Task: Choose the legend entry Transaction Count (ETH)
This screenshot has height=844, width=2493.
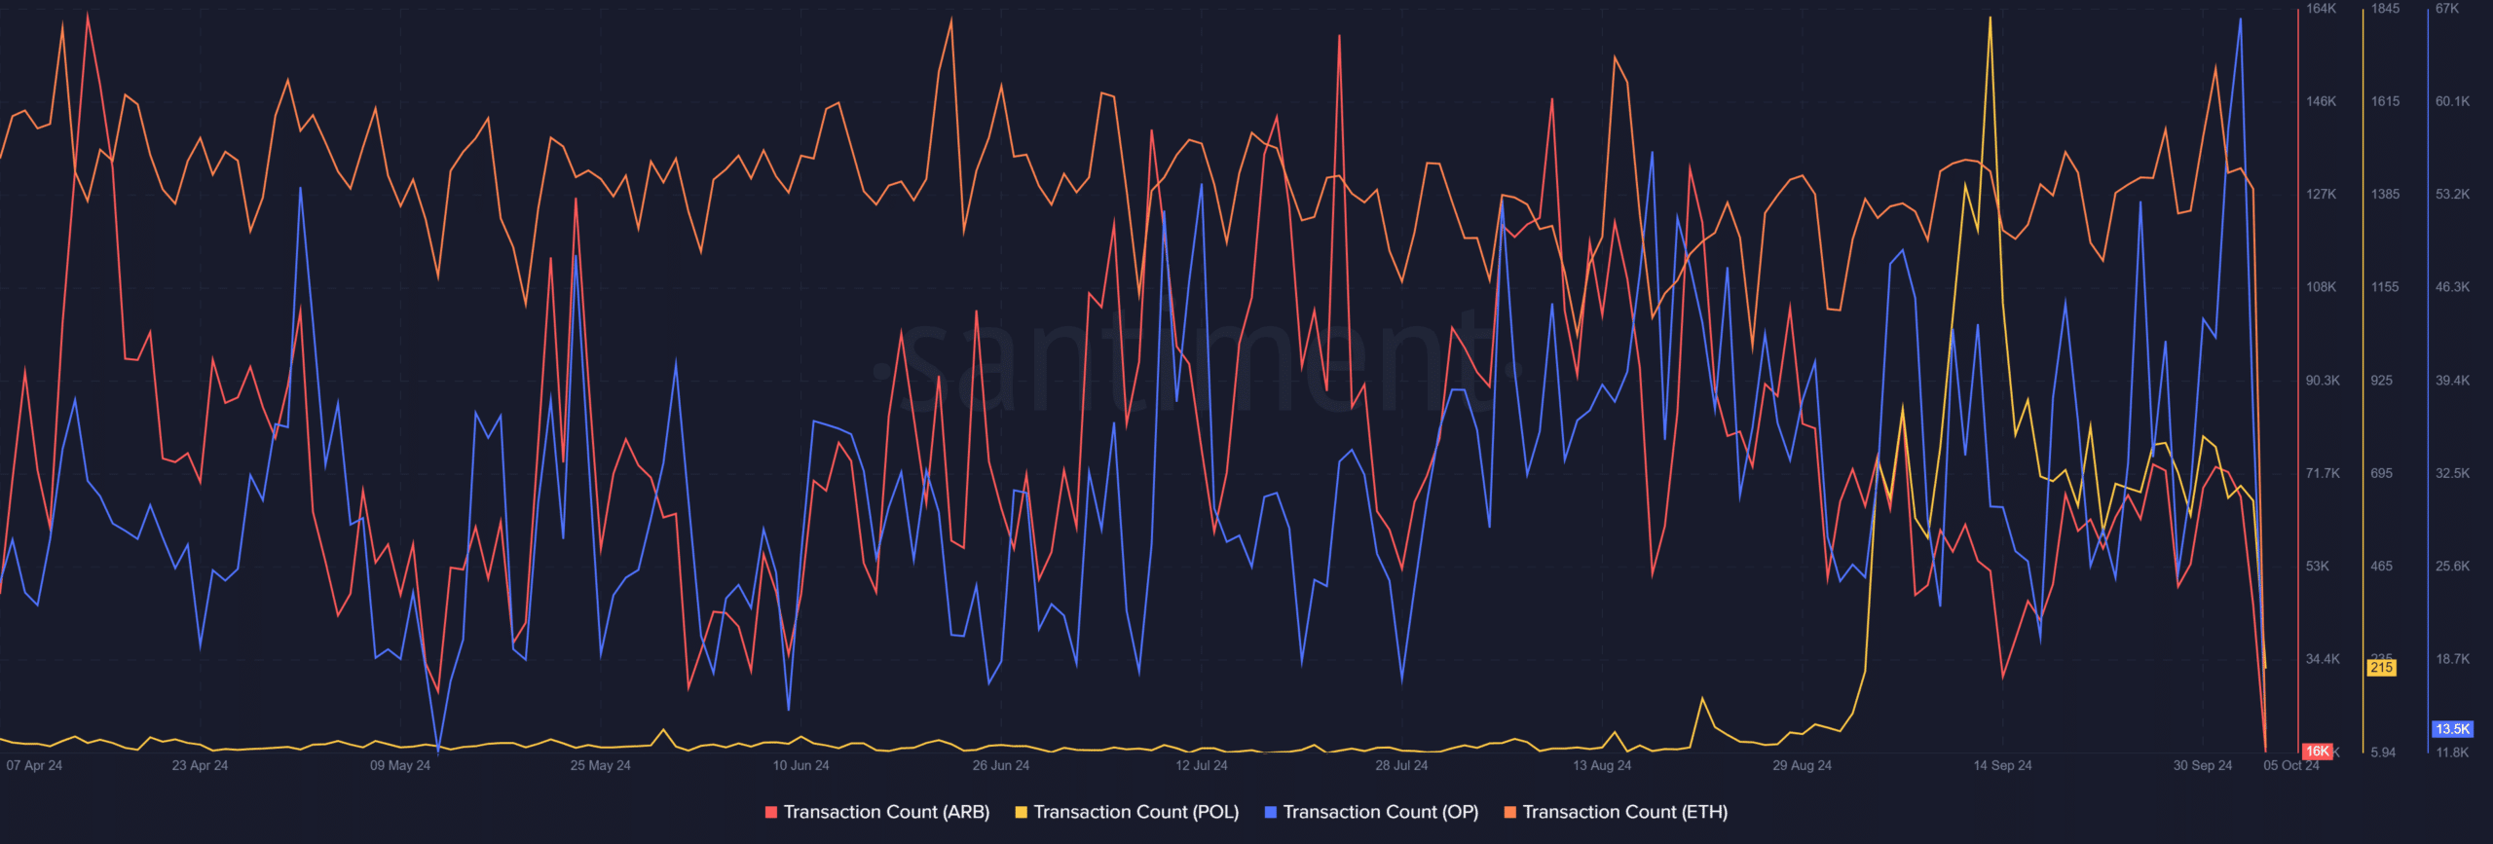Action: [1616, 812]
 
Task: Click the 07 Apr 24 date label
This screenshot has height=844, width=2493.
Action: [34, 765]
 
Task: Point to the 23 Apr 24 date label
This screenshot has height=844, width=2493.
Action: [200, 765]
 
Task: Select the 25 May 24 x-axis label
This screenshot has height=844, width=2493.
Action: [600, 765]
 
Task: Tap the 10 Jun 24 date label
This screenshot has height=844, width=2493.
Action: [800, 765]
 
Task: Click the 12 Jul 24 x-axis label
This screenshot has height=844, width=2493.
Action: [1201, 765]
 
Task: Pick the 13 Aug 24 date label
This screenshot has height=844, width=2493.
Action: [1602, 765]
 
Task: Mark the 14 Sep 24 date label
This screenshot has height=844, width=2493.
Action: [2002, 765]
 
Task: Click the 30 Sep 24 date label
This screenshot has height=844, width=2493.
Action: [2203, 765]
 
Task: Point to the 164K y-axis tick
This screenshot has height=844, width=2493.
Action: [2321, 9]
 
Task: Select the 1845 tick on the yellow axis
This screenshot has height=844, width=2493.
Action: [2385, 9]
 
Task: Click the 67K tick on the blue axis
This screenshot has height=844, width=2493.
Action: [2447, 9]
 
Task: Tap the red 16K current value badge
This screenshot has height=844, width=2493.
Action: [2317, 752]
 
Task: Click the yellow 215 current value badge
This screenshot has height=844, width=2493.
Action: [2382, 668]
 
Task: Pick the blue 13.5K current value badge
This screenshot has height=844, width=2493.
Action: [2452, 729]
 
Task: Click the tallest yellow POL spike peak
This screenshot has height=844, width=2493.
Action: [1990, 18]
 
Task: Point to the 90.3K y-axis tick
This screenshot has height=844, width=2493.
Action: [2323, 381]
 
